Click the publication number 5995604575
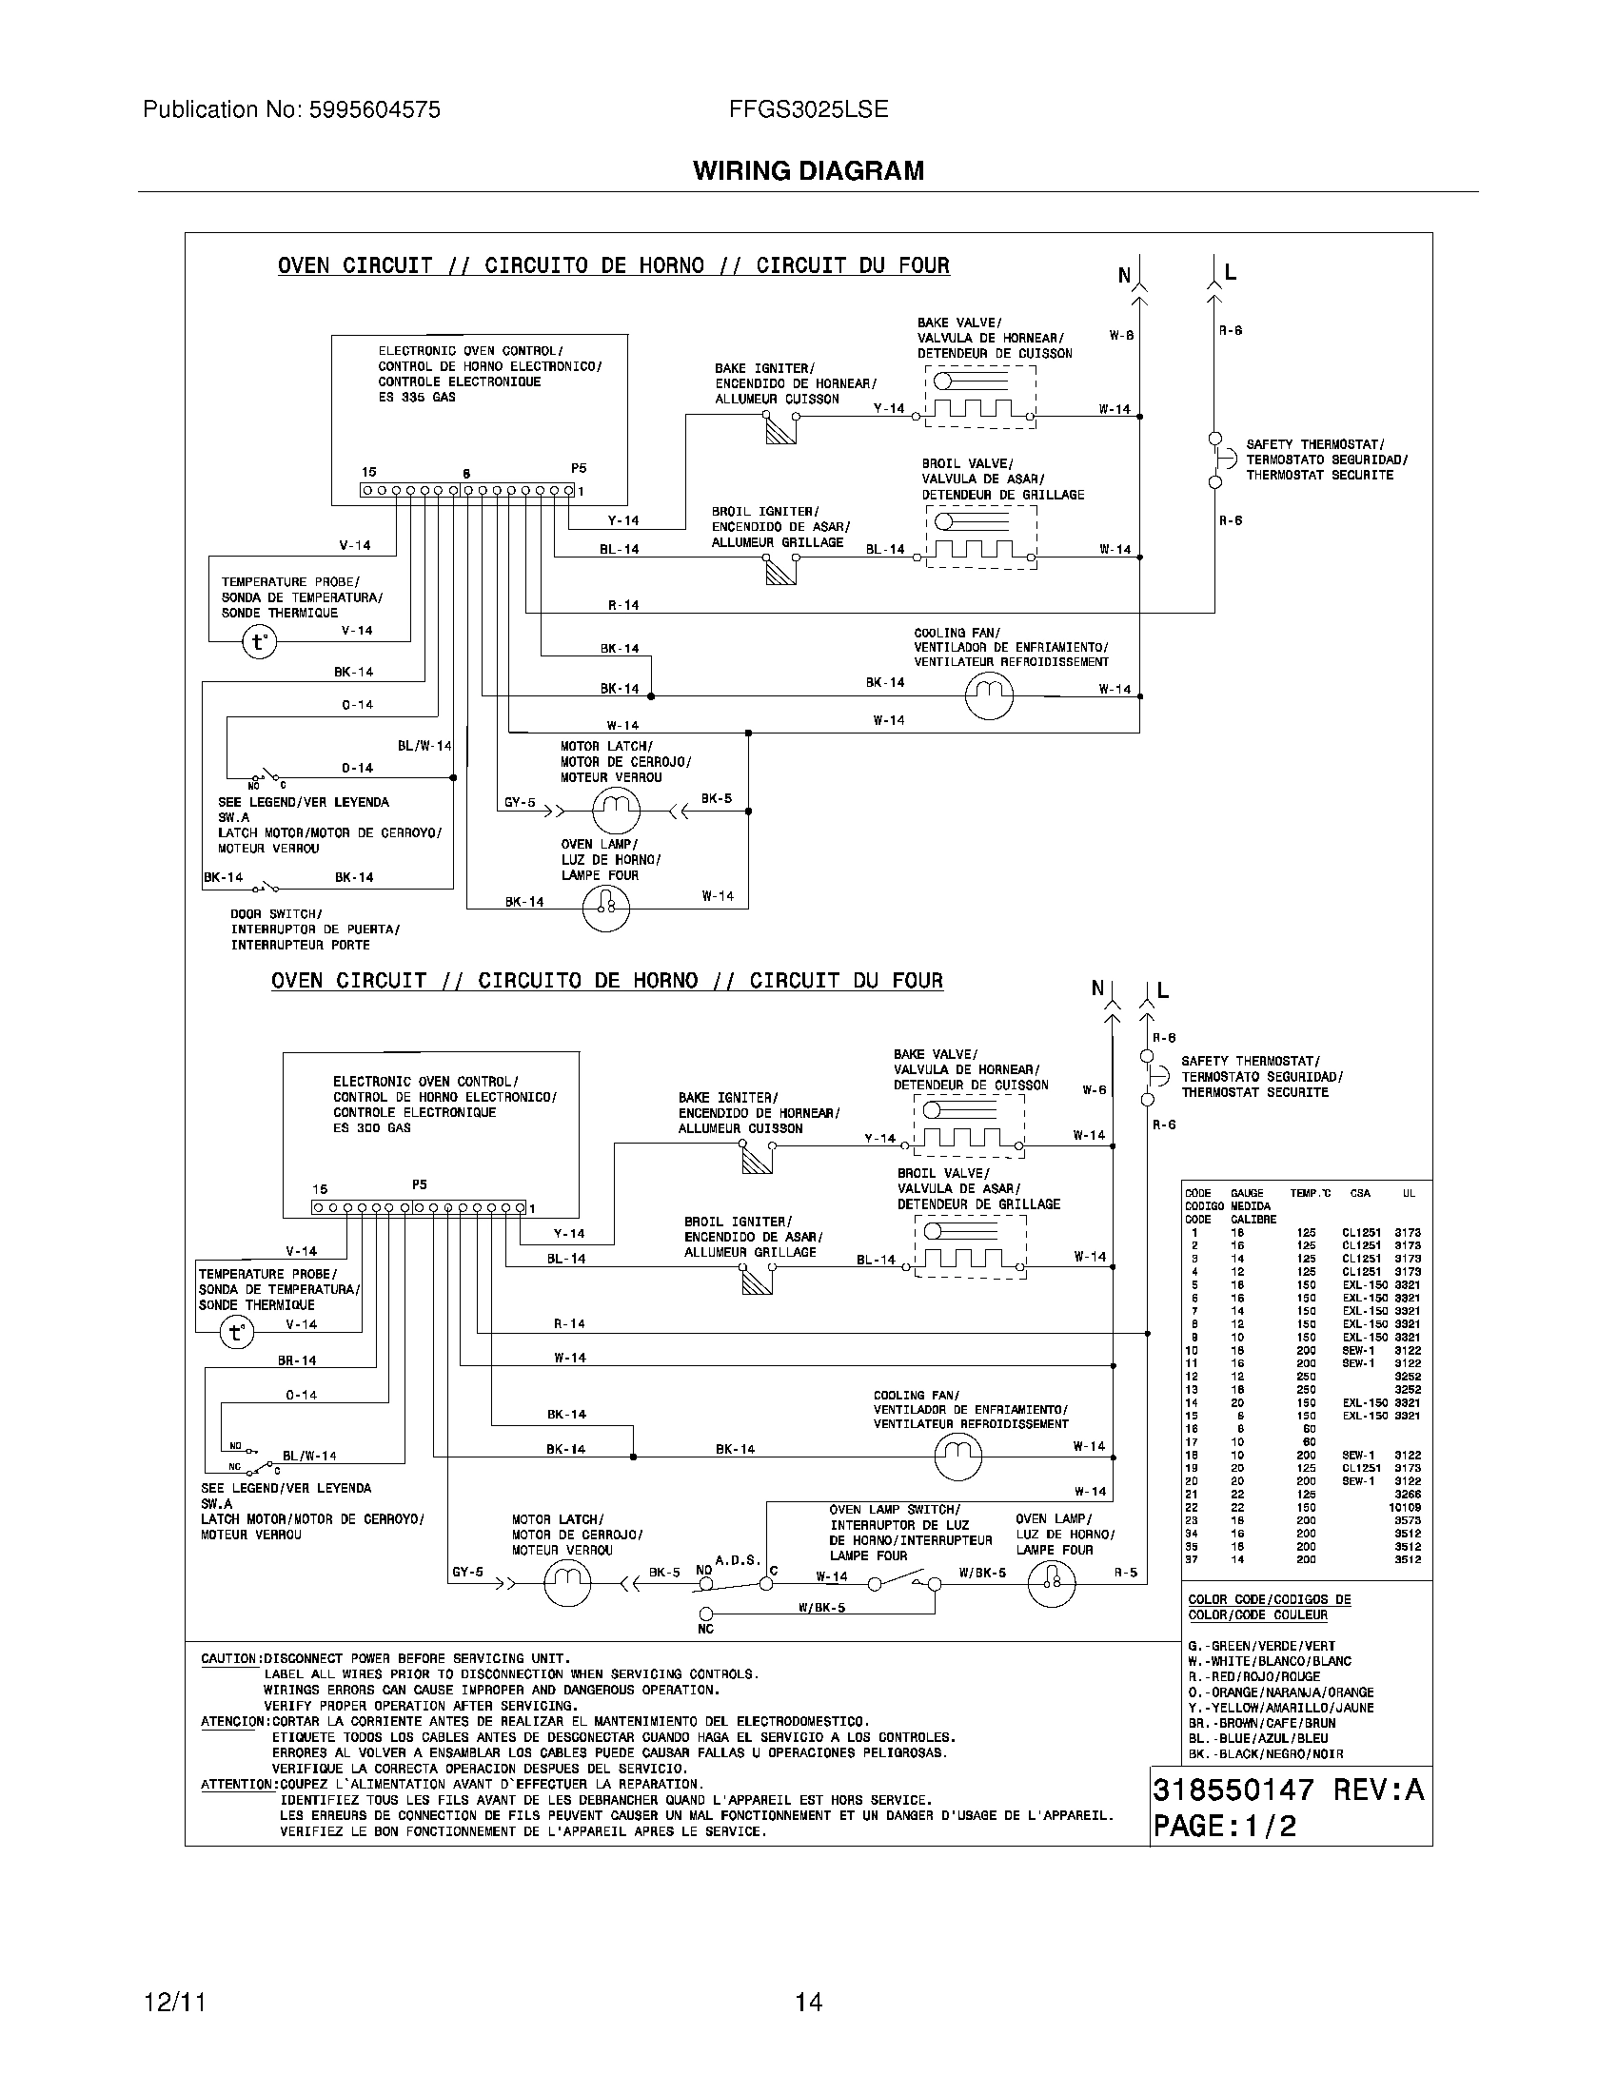(375, 110)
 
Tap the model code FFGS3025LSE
(808, 110)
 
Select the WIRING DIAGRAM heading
(808, 171)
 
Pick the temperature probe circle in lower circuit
(236, 1331)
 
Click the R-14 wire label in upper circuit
(623, 606)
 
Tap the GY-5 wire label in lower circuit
(467, 1573)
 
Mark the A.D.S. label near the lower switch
(737, 1560)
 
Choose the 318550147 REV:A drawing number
(1289, 1790)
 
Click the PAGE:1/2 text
(1224, 1826)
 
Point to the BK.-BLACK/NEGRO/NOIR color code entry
(1265, 1753)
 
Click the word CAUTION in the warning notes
(228, 1659)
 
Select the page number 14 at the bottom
(808, 2002)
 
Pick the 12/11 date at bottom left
(174, 2002)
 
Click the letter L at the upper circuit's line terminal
(1231, 272)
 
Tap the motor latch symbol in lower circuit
(567, 1585)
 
